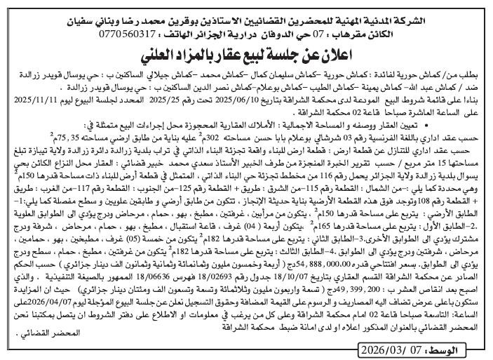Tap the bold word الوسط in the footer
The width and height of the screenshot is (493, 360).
tap(461, 349)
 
